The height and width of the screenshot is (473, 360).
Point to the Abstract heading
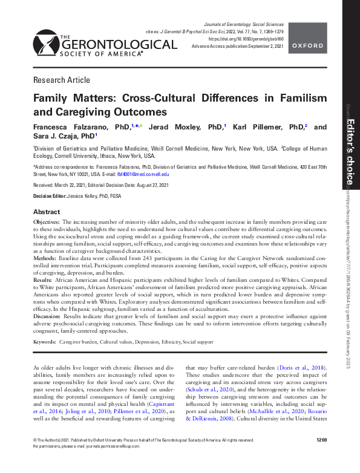tap(47, 212)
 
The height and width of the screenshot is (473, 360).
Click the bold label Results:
tap(44, 281)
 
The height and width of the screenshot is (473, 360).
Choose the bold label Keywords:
tap(44, 342)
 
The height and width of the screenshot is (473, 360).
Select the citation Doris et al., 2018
tap(296, 367)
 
